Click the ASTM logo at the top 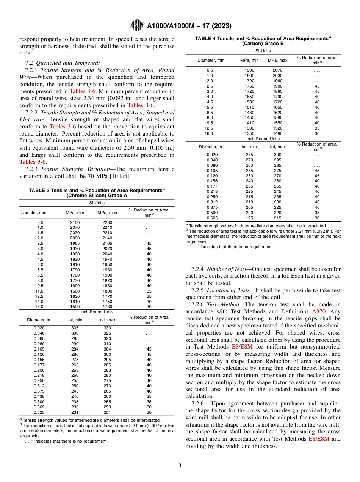click(x=137, y=26)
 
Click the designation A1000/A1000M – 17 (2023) click(x=189, y=26)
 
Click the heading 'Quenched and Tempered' click(x=68, y=63)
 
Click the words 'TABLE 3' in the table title click(x=40, y=190)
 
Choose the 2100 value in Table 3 click(x=75, y=222)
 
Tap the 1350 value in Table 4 click(x=250, y=133)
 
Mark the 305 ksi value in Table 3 click(x=75, y=328)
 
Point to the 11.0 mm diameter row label click(x=40, y=291)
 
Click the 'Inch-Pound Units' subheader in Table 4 click(x=263, y=139)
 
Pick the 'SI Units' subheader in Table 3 click(x=97, y=203)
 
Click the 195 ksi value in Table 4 click(x=250, y=218)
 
